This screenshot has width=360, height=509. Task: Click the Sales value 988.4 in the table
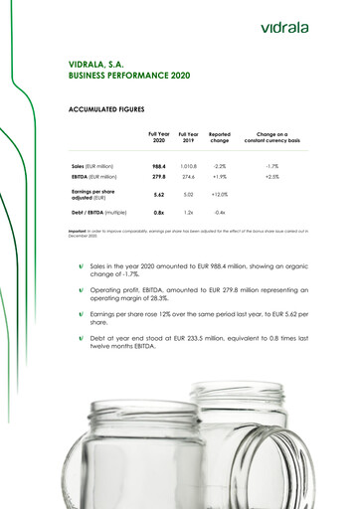pyautogui.click(x=158, y=166)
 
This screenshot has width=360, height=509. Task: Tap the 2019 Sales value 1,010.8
pyautogui.click(x=187, y=166)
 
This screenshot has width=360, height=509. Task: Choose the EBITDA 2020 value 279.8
pyautogui.click(x=158, y=176)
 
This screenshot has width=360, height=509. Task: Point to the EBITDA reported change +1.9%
pyautogui.click(x=220, y=176)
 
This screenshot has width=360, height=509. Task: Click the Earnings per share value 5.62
pyautogui.click(x=158, y=195)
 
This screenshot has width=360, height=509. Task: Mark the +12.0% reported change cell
pyautogui.click(x=220, y=195)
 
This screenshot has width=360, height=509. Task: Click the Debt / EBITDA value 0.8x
pyautogui.click(x=158, y=213)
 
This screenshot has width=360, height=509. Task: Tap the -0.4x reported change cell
pyautogui.click(x=220, y=213)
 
